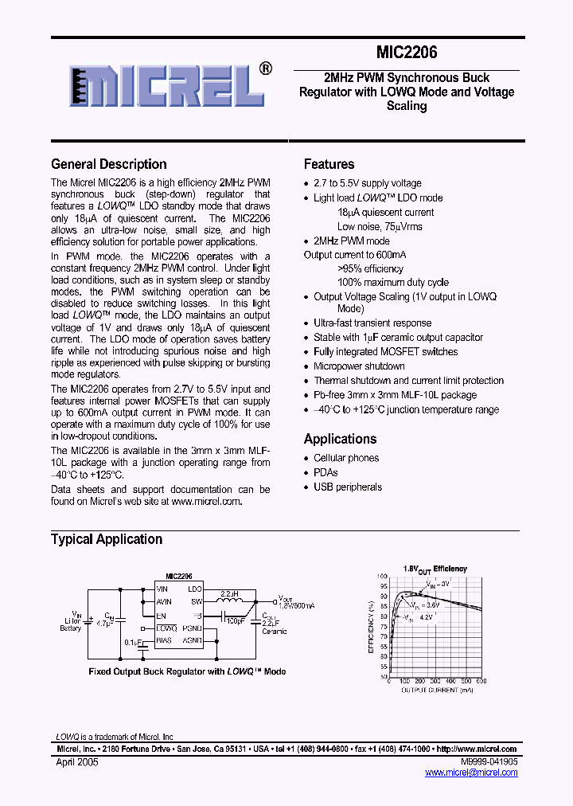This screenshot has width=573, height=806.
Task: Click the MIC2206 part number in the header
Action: point(406,53)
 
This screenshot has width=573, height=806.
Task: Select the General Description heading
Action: point(109,164)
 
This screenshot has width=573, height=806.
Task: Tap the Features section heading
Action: point(329,164)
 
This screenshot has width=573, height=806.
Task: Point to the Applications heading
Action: point(340,439)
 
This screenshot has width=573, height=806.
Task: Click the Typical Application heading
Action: point(107,539)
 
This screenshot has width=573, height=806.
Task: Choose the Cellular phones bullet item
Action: point(346,458)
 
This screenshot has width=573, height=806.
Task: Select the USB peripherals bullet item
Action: point(348,487)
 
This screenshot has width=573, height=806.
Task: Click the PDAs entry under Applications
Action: point(325,472)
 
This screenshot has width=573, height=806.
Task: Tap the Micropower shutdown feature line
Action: point(359,366)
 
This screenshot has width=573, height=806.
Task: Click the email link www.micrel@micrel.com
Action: point(471,773)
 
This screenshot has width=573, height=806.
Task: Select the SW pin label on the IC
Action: point(196,602)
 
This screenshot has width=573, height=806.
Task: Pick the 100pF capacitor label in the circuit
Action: point(235,620)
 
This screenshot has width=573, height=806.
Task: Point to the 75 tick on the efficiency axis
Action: point(384,626)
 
